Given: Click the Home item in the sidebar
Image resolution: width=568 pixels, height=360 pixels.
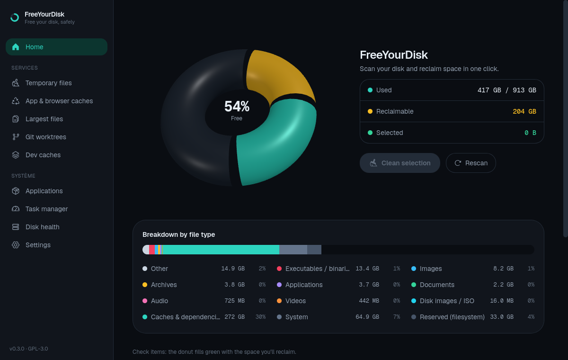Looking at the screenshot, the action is [x=56, y=47].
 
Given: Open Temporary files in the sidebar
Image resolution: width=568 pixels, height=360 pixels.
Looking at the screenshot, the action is [x=48, y=83].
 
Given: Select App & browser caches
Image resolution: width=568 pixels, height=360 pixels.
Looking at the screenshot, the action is [x=59, y=101].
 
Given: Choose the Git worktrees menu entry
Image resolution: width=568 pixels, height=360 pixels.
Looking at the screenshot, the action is [x=45, y=137].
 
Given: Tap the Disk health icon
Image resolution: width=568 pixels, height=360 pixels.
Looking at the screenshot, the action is [x=16, y=227].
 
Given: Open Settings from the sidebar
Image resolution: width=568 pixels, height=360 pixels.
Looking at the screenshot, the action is [x=38, y=245].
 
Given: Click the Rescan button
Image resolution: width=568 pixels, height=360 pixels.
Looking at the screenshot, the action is [x=470, y=163].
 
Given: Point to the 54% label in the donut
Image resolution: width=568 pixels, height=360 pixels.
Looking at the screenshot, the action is [x=237, y=106].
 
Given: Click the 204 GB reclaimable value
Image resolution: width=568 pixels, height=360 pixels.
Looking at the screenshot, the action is [x=524, y=111].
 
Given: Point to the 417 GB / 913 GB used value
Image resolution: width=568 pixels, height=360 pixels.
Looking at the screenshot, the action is [x=506, y=90].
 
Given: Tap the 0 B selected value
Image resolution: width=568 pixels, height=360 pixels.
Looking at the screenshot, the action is [x=530, y=133].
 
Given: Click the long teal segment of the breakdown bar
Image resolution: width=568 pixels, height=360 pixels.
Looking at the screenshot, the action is [x=221, y=250].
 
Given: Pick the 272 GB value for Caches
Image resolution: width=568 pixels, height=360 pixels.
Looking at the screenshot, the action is [x=235, y=317].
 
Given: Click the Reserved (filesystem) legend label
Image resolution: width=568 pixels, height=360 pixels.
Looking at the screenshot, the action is [x=452, y=317].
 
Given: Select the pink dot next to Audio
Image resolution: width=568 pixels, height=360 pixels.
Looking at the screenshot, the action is [x=145, y=301].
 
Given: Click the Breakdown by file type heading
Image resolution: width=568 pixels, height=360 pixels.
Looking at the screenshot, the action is [x=179, y=234].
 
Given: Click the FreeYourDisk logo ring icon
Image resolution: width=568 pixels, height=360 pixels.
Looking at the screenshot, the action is [x=15, y=18].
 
